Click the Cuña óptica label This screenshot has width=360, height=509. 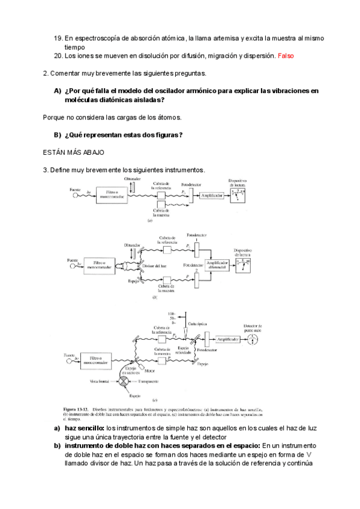click(x=197, y=324)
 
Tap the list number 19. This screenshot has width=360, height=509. click(x=58, y=38)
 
